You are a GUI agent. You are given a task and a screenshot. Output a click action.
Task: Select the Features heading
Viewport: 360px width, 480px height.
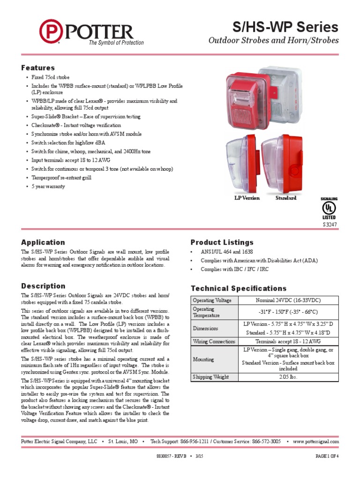point(38,68)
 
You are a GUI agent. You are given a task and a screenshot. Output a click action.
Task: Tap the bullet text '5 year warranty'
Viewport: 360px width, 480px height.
point(48,186)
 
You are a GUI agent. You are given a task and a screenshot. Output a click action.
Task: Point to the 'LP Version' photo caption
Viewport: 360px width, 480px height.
point(247,198)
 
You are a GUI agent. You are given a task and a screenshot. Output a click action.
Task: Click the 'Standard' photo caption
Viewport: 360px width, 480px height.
point(286,198)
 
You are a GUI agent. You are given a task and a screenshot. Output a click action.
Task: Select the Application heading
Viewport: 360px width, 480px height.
point(43,242)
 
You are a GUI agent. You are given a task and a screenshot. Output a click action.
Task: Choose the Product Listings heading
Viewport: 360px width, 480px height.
point(222,242)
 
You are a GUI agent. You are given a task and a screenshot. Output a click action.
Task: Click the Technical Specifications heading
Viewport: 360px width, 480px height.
point(239,288)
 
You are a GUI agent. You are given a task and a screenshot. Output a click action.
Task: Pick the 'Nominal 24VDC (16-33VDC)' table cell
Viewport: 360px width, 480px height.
point(288,300)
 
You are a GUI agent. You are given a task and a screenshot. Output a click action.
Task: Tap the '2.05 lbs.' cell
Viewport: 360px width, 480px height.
point(288,377)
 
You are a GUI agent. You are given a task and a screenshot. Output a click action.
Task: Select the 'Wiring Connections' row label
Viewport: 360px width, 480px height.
point(214,342)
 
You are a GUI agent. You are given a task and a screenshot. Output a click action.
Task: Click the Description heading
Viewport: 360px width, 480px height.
point(43,286)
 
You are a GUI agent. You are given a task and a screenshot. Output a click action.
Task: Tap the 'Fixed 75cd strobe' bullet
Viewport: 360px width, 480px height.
point(51,77)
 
